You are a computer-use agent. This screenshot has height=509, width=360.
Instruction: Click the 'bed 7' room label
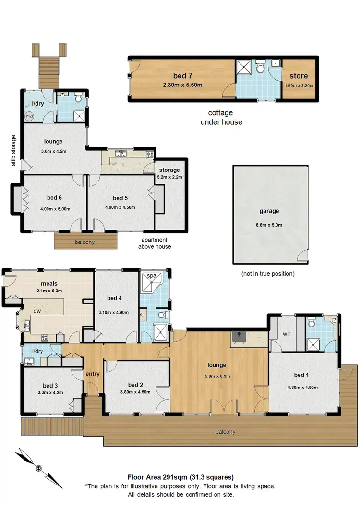[x=181, y=75]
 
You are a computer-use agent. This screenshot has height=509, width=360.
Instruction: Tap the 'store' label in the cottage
[x=299, y=76]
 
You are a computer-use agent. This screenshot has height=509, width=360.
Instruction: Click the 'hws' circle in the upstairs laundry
[x=30, y=116]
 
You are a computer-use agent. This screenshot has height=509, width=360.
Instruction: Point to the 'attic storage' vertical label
[x=14, y=150]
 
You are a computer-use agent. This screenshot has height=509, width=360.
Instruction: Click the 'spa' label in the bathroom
[x=152, y=276]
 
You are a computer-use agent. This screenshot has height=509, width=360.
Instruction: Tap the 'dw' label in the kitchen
[x=36, y=311]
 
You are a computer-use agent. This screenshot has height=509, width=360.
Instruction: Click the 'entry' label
[x=93, y=374]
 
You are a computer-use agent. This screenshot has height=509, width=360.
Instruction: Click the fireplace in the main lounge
[x=239, y=338]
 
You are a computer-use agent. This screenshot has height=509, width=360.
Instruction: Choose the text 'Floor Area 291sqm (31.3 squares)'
[x=180, y=477]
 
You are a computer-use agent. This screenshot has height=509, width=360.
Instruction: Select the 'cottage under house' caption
[x=221, y=118]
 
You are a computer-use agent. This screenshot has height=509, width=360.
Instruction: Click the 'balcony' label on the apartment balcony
[x=85, y=242]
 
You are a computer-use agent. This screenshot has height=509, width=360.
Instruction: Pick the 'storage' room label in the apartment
[x=169, y=170]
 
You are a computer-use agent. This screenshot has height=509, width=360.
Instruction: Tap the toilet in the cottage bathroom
[x=260, y=68]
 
